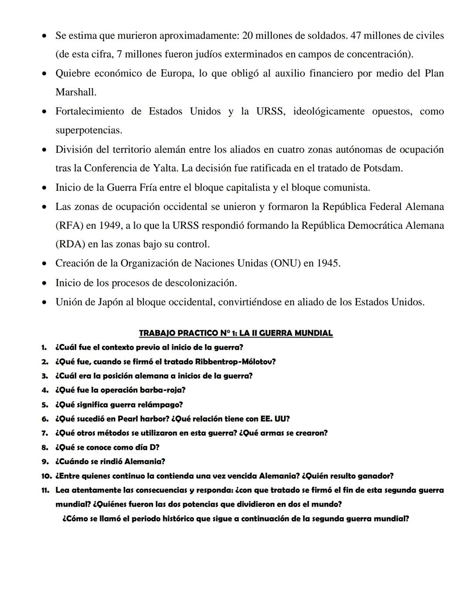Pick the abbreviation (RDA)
tap(70, 244)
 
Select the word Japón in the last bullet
tap(108, 302)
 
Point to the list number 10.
tap(46, 476)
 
